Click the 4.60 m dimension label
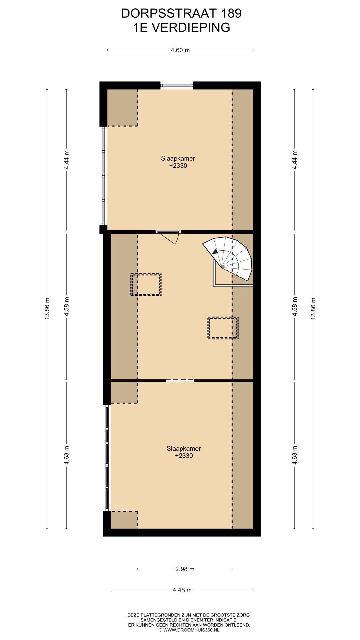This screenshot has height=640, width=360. click(180, 50)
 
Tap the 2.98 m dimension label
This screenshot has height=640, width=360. click(185, 569)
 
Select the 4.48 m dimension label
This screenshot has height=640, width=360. click(182, 590)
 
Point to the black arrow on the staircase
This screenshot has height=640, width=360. click(215, 252)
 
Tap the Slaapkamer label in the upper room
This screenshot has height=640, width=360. click(178, 159)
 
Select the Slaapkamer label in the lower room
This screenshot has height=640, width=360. click(184, 449)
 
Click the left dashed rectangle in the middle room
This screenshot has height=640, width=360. click(146, 285)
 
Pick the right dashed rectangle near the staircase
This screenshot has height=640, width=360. click(223, 328)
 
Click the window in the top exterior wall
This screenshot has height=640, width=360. click(177, 86)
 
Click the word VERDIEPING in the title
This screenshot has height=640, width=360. click(191, 28)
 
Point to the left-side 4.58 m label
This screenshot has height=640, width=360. click(66, 306)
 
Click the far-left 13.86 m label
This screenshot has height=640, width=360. click(47, 308)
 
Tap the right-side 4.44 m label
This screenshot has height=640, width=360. click(294, 160)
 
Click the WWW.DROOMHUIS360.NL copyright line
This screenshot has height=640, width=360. click(189, 630)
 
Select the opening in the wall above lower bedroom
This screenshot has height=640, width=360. click(180, 380)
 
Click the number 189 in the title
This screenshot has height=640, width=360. click(231, 13)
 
